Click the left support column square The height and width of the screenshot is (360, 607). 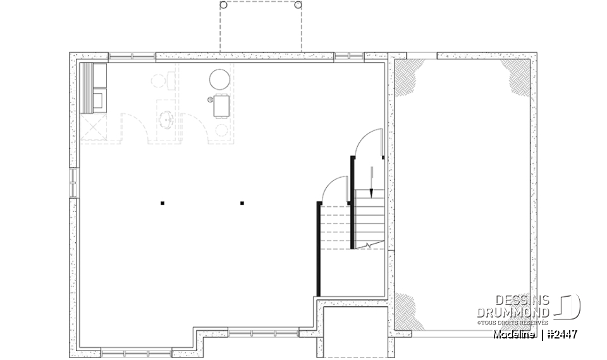(162, 203)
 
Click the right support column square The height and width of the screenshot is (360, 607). (242, 203)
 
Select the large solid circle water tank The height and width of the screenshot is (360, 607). (220, 79)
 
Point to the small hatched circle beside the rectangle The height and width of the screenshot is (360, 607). (211, 100)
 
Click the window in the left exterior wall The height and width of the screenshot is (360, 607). (73, 183)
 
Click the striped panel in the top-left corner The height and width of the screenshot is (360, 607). (87, 87)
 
